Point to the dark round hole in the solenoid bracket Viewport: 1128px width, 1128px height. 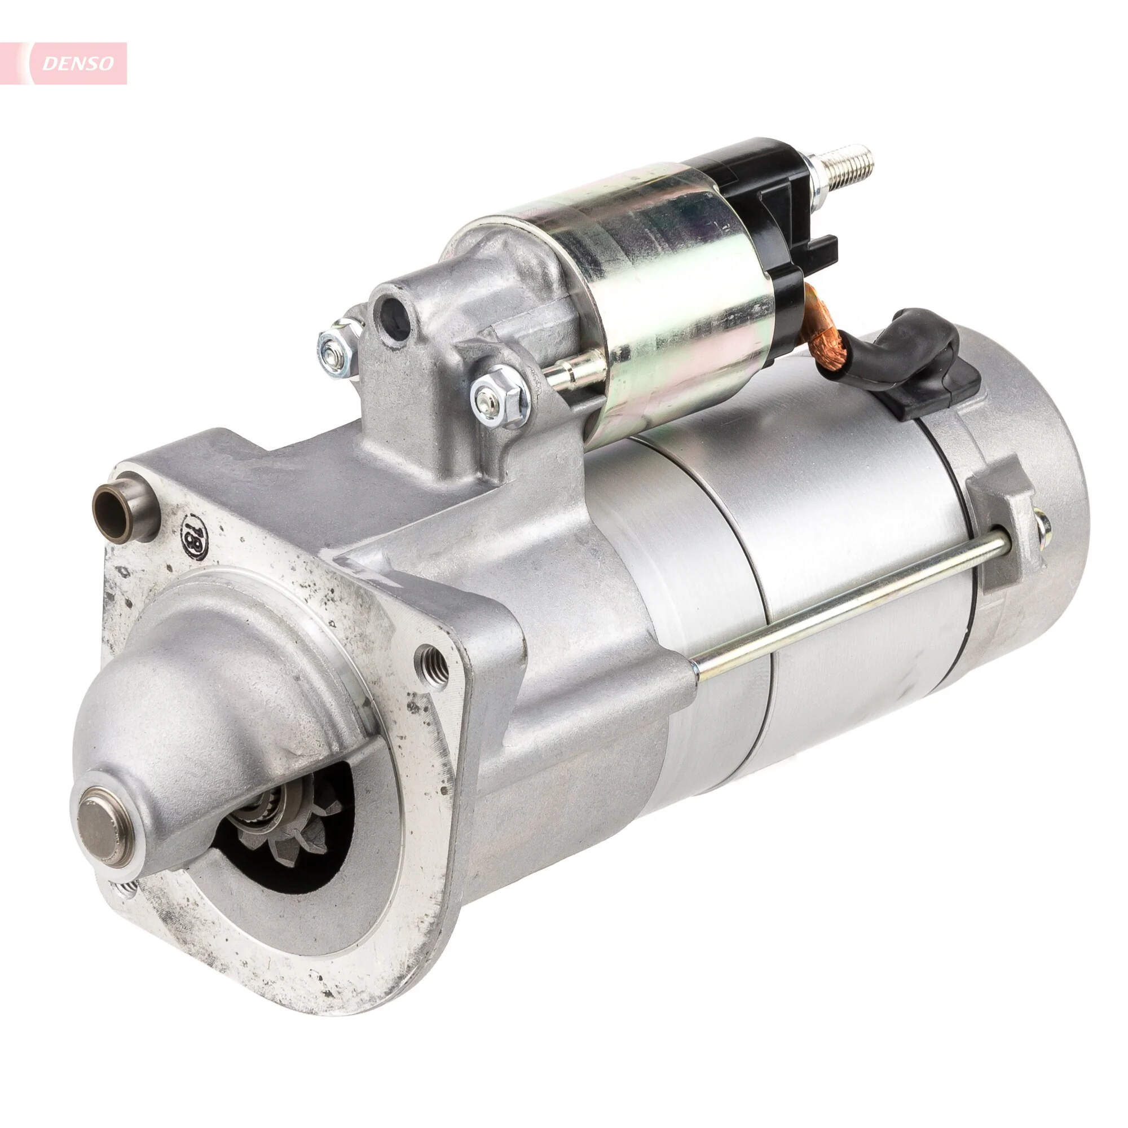coord(391,312)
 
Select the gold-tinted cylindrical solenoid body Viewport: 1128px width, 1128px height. coord(671,315)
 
